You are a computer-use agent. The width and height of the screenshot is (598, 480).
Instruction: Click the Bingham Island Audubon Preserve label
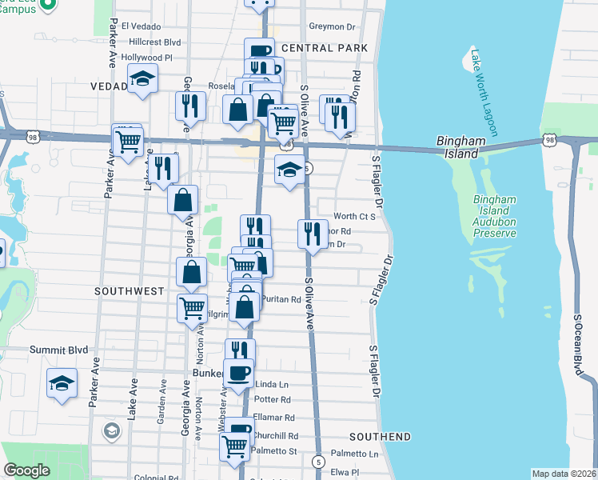click(495, 216)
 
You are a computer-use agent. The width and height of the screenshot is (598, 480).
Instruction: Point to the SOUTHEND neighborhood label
click(380, 437)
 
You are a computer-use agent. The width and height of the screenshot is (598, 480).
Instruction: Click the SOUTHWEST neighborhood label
click(129, 291)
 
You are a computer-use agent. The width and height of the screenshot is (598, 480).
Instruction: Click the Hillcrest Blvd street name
click(154, 42)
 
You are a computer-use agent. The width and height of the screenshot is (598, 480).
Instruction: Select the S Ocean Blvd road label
click(577, 344)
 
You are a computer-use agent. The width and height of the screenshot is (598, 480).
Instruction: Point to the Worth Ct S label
click(354, 216)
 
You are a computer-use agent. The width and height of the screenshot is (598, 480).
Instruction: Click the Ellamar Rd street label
click(273, 418)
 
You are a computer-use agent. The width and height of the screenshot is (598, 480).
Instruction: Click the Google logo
click(26, 470)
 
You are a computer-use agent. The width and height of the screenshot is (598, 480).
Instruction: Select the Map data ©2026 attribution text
click(564, 474)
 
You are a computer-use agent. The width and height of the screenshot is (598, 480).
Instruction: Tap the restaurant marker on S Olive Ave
click(312, 234)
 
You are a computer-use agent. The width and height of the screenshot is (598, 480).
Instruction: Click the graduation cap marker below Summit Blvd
click(62, 382)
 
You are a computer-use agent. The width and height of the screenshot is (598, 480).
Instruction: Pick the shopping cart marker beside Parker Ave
click(128, 142)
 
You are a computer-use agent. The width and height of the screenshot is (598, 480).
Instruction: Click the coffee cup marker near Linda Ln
click(239, 373)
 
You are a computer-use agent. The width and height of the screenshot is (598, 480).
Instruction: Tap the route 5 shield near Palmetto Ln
click(319, 462)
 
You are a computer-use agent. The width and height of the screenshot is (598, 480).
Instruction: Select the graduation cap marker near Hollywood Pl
click(142, 78)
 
